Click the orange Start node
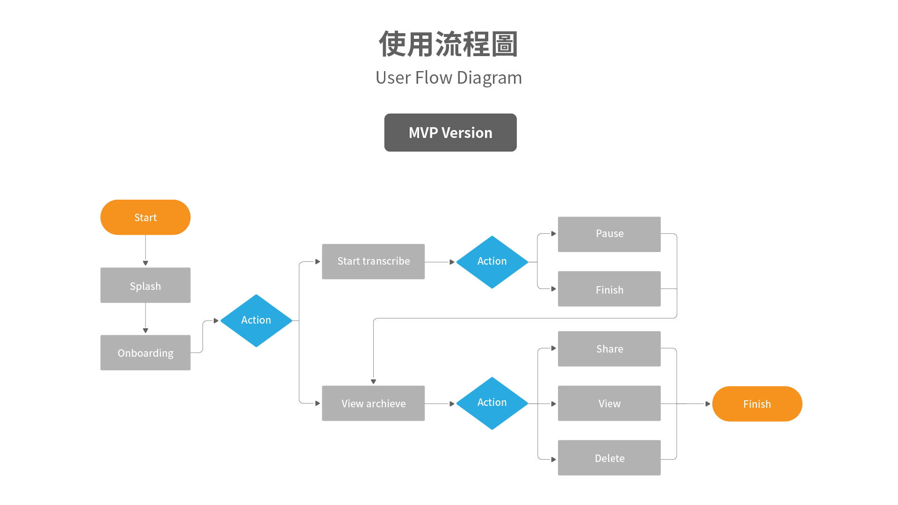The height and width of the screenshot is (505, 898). point(145,217)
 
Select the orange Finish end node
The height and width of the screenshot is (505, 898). point(757,404)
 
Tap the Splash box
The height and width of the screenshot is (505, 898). point(145,285)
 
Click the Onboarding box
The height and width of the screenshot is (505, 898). point(145,353)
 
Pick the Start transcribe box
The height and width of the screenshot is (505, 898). point(373,261)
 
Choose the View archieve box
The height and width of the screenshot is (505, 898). point(373,403)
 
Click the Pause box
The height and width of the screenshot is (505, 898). point(609,234)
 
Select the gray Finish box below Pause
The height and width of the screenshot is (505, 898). point(609,289)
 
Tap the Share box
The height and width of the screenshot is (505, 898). point(609,349)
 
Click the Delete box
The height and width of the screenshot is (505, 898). point(609,458)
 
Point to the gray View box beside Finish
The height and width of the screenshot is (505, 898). point(609,403)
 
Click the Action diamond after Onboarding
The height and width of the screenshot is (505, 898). point(256,320)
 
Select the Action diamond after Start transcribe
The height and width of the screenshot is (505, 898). point(492,262)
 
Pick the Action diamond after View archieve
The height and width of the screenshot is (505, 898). point(492,403)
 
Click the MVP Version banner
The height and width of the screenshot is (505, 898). point(450,132)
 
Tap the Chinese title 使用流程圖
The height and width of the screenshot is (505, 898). point(449,44)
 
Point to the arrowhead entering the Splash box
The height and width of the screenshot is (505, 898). point(145,263)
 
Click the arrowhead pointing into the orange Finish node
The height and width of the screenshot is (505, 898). point(708,404)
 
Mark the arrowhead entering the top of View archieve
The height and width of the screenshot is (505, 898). point(373,382)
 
